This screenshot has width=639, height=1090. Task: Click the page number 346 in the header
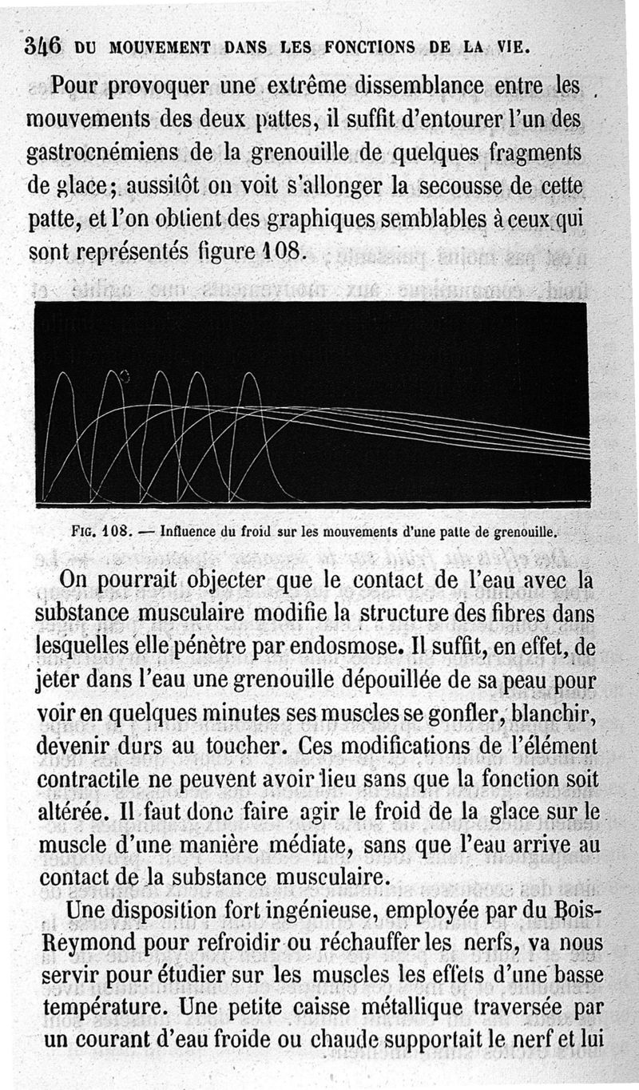(x=42, y=46)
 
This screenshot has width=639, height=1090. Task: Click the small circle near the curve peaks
(x=125, y=375)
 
